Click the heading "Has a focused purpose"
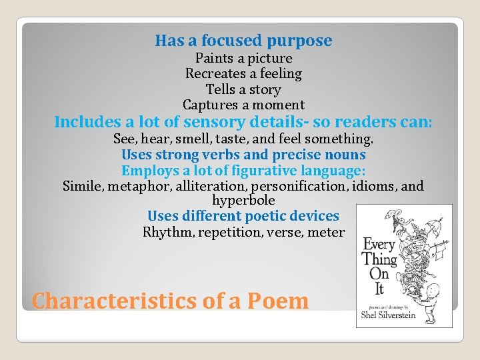coord(243,41)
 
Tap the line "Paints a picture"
coord(243,58)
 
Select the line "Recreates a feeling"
coord(243,73)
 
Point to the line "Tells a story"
coord(243,89)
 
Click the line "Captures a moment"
coord(243,105)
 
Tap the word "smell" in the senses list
coord(199,140)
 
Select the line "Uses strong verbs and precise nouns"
coord(243,155)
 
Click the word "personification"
coord(301,186)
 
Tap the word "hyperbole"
coord(243,200)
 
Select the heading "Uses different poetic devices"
coord(243,216)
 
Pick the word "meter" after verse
coord(326,232)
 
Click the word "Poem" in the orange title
coord(278,301)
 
